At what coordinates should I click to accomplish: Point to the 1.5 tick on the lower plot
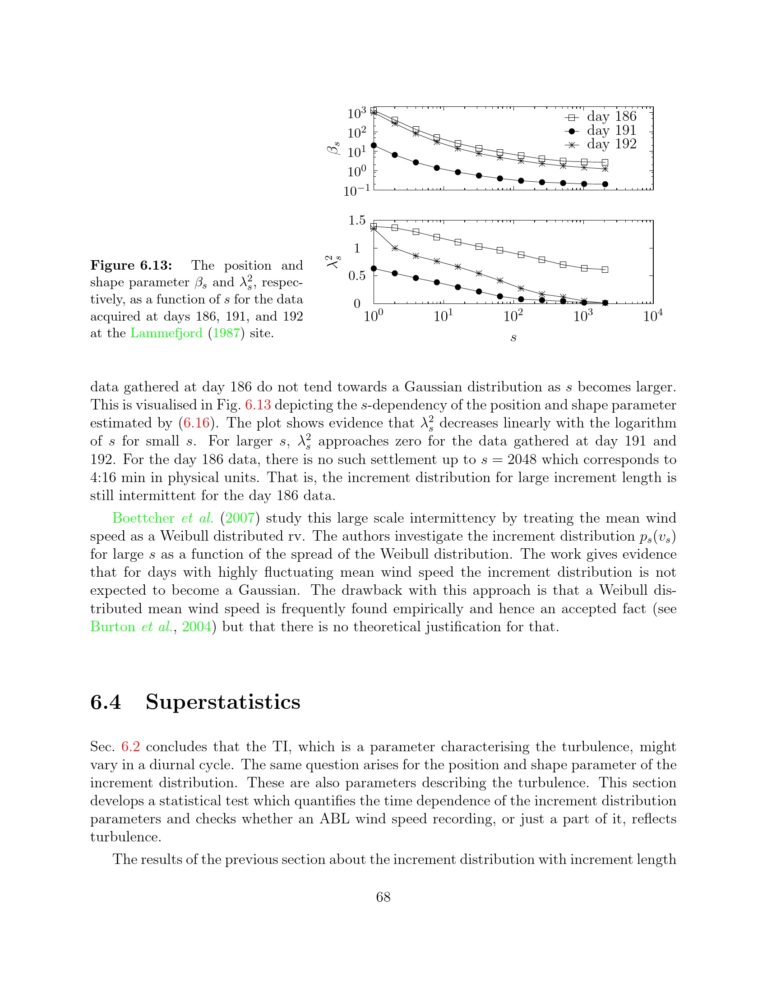(357, 220)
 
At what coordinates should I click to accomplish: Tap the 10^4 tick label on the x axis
(652, 316)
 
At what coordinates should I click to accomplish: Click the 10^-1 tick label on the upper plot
(357, 191)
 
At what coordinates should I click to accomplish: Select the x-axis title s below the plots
(513, 337)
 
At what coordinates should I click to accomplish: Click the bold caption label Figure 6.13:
(131, 265)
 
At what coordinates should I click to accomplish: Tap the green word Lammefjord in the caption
(166, 333)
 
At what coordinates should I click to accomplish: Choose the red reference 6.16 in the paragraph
(196, 423)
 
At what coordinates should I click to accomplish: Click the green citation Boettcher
(143, 518)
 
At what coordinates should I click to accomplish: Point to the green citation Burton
(113, 627)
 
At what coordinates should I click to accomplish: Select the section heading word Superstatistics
(222, 702)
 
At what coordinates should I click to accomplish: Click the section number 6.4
(106, 702)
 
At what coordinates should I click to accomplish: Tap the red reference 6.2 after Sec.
(130, 747)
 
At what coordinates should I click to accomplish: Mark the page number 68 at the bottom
(383, 896)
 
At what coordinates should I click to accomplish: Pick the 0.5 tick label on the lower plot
(357, 276)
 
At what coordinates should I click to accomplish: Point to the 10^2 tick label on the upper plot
(357, 133)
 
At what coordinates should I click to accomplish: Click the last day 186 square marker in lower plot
(605, 269)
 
